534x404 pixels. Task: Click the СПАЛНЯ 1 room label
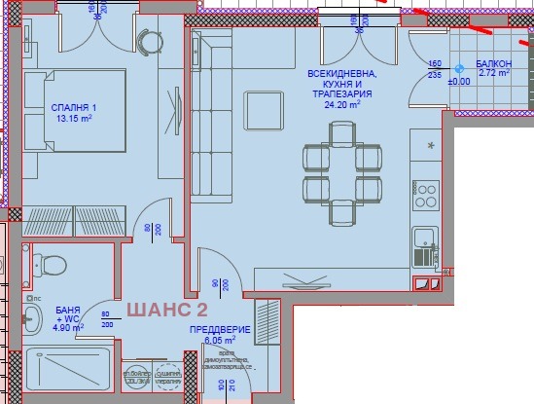pyautogui.click(x=70, y=108)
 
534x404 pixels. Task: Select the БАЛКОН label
pyautogui.click(x=496, y=63)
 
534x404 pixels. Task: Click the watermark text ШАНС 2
pyautogui.click(x=167, y=310)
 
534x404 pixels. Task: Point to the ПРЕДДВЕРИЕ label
pyautogui.click(x=220, y=330)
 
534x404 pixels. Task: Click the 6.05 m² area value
pyautogui.click(x=220, y=342)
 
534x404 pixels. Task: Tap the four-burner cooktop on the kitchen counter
pyautogui.click(x=426, y=189)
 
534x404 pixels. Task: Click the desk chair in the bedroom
pyautogui.click(x=147, y=44)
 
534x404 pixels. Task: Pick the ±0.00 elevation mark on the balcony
pyautogui.click(x=458, y=82)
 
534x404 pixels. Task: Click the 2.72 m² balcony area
pyautogui.click(x=496, y=74)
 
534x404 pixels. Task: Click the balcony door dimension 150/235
pyautogui.click(x=436, y=68)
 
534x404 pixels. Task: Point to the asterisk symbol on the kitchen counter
pyautogui.click(x=429, y=144)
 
